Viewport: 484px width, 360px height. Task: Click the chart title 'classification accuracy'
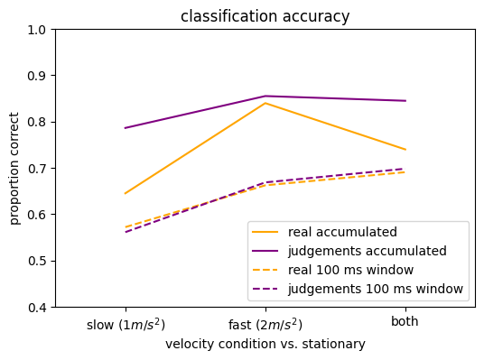point(265,16)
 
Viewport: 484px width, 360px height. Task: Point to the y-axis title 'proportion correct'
point(15,168)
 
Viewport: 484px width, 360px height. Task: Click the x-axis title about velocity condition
point(265,344)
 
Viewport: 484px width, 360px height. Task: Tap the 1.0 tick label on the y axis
point(37,30)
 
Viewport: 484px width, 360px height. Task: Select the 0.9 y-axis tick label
point(37,76)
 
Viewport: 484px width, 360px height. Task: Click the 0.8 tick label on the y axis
point(37,122)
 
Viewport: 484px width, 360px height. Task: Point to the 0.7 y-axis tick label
point(37,169)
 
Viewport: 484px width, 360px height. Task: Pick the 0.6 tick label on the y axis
point(37,215)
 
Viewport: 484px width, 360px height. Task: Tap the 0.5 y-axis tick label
point(37,261)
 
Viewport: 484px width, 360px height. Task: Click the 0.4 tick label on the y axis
point(37,308)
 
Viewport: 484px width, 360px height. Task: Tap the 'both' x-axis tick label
point(405,322)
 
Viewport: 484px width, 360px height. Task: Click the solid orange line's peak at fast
point(265,103)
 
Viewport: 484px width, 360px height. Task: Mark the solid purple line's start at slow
point(126,128)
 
